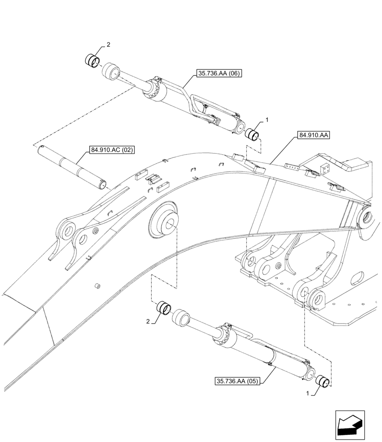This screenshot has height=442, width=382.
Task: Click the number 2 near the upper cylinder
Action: [x=108, y=45]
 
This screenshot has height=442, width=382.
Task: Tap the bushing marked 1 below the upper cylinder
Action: [x=252, y=133]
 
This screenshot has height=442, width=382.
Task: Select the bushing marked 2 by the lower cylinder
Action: [x=165, y=306]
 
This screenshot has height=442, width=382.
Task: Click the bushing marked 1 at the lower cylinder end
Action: [x=324, y=380]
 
